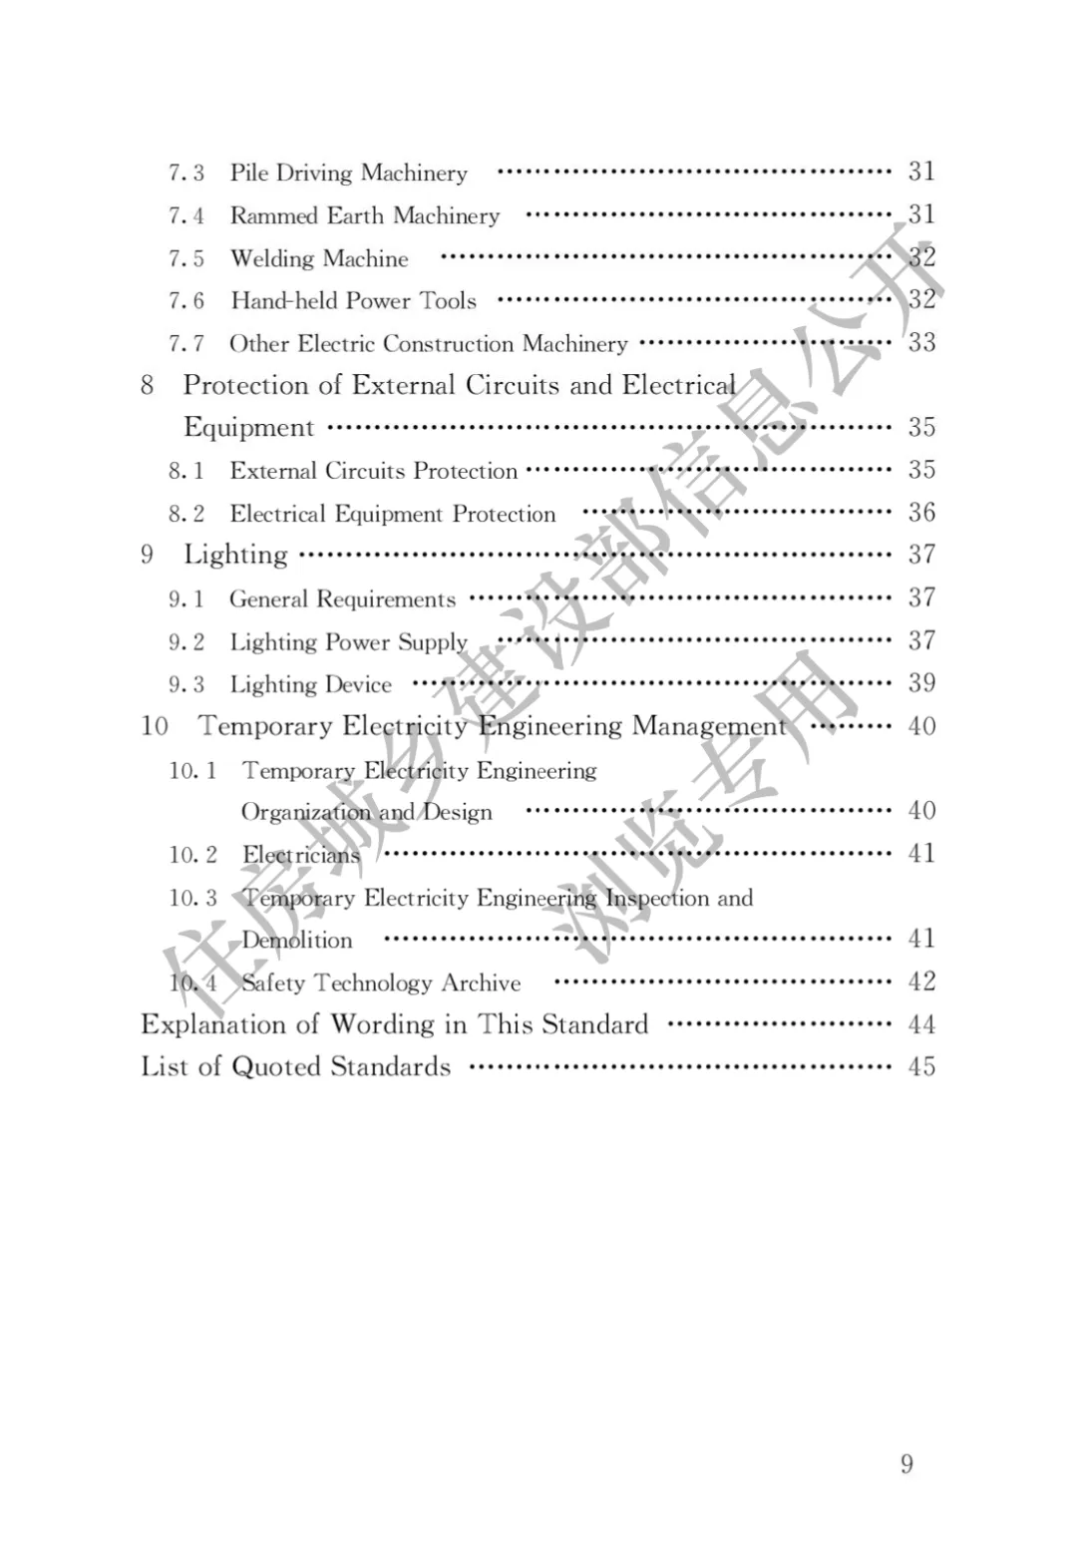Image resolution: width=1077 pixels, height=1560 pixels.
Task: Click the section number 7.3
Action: pyautogui.click(x=186, y=173)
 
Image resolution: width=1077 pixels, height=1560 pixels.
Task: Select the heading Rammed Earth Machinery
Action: pyautogui.click(x=364, y=215)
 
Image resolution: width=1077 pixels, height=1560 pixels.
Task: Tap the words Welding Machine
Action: pyautogui.click(x=319, y=258)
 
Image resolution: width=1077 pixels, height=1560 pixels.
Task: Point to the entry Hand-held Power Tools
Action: pyautogui.click(x=353, y=300)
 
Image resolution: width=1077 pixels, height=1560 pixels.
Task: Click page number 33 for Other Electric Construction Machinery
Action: pyautogui.click(x=921, y=342)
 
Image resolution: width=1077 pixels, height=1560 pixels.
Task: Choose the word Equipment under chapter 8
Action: pyautogui.click(x=248, y=427)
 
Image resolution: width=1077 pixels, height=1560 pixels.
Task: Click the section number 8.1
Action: pyautogui.click(x=186, y=471)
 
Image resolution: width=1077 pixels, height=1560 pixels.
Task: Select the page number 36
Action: pyautogui.click(x=921, y=513)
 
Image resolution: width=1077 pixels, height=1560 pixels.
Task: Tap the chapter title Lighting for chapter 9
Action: pyautogui.click(x=235, y=555)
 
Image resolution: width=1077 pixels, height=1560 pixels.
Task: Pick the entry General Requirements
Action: pyautogui.click(x=342, y=598)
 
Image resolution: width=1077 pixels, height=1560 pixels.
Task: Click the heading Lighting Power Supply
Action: pyautogui.click(x=348, y=641)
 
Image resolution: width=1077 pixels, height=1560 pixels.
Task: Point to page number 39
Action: pyautogui.click(x=921, y=683)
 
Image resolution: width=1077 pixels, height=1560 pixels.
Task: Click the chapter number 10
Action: pyautogui.click(x=155, y=725)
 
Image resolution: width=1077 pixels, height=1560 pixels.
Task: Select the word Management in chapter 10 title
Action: pyautogui.click(x=709, y=725)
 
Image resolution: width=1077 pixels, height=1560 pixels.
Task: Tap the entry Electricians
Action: pyautogui.click(x=300, y=855)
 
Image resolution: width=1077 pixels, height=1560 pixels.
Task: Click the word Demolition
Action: pyautogui.click(x=297, y=940)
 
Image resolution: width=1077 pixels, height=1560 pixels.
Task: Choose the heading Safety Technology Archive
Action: pyautogui.click(x=381, y=982)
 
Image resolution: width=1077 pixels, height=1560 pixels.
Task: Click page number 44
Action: pyautogui.click(x=921, y=1024)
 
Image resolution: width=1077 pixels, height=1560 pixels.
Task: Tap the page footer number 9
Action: pyautogui.click(x=906, y=1463)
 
